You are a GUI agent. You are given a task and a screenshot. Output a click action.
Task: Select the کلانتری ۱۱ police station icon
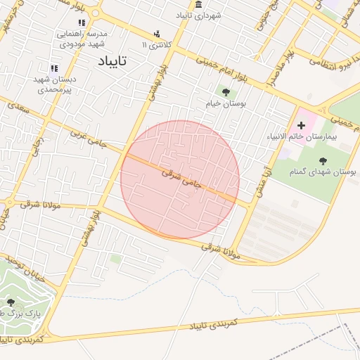156,33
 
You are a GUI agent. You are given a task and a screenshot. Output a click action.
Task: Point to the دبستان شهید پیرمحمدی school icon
53,68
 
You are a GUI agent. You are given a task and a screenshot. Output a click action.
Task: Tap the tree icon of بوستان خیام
226,91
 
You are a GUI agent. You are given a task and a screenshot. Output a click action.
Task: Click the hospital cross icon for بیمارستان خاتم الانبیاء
302,124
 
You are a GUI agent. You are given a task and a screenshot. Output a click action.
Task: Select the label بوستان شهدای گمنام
323,172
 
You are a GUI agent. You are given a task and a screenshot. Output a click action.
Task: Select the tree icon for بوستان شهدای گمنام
323,160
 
